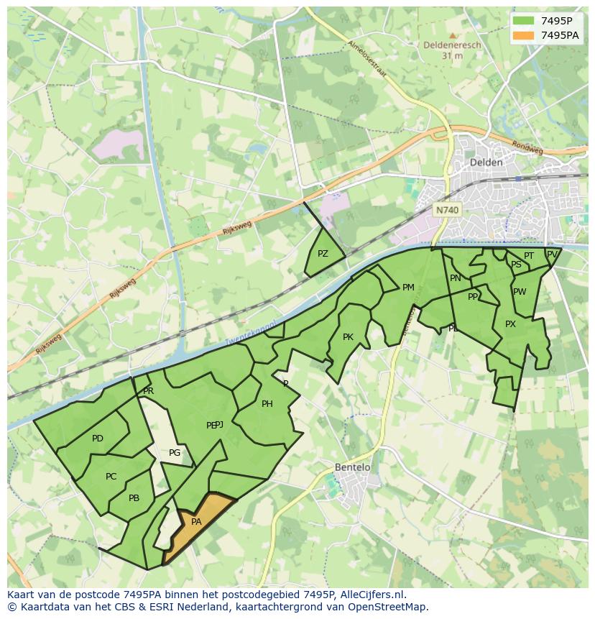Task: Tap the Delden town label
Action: [486, 162]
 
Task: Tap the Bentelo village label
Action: [353, 467]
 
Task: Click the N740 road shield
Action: [447, 210]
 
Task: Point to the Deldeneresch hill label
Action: [452, 45]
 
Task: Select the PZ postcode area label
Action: [323, 254]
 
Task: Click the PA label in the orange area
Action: [196, 522]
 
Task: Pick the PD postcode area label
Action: [98, 439]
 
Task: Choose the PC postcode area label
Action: [111, 477]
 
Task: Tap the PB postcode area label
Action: [134, 498]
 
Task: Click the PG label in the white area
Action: [175, 453]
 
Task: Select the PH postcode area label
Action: [267, 404]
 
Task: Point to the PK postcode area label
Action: [348, 337]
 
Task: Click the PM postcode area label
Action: [408, 288]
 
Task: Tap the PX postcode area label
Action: [510, 324]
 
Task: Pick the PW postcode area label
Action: [520, 292]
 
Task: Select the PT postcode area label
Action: [529, 256]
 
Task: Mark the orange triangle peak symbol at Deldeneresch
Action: [452, 35]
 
